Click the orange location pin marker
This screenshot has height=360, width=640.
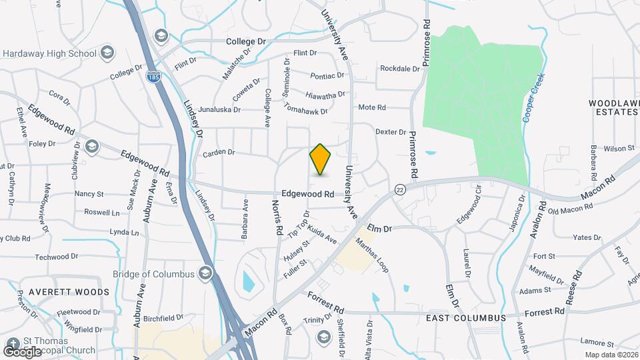(321, 159)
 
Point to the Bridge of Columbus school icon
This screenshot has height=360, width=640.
(206, 273)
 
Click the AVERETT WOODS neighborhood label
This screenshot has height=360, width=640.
(69, 292)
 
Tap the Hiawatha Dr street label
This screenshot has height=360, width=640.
(325, 95)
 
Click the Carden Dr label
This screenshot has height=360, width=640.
(219, 153)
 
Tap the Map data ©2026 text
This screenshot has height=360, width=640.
(611, 355)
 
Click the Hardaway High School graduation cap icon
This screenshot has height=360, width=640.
(107, 53)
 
